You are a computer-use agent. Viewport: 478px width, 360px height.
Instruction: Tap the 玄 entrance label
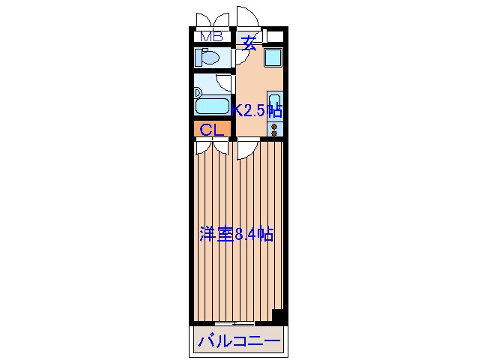(249, 43)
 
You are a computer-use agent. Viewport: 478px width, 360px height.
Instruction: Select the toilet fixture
(208, 58)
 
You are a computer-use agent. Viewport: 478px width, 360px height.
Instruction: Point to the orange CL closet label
(211, 129)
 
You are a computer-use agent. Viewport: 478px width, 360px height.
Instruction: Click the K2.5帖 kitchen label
(257, 110)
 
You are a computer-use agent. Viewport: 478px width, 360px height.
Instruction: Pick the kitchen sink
(274, 105)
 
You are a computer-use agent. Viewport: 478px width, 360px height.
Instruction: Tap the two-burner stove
(274, 128)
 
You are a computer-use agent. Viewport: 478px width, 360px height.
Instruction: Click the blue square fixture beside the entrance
(272, 59)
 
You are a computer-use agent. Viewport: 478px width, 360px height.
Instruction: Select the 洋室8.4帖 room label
(236, 234)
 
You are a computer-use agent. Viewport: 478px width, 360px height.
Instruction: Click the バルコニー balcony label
(238, 343)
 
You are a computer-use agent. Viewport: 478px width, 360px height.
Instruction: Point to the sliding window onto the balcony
(238, 323)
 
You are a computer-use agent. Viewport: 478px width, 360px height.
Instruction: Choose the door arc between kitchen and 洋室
(246, 149)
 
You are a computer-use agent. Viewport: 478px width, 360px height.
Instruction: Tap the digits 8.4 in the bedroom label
(244, 234)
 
